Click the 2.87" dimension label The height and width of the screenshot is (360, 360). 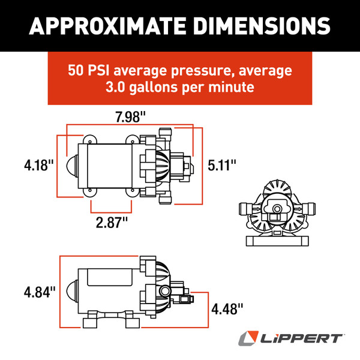pos(112,222)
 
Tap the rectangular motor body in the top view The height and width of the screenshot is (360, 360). pos(108,166)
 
